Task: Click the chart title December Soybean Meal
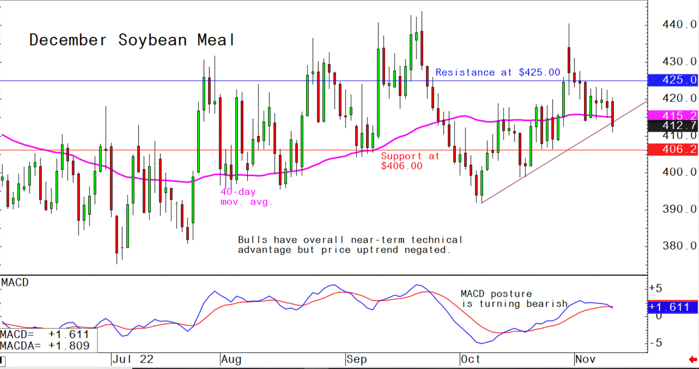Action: click(132, 40)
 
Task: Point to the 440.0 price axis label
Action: click(679, 25)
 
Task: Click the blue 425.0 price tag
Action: click(673, 80)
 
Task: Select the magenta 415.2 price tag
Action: click(673, 115)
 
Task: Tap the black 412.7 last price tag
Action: click(673, 125)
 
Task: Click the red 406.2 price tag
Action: click(673, 149)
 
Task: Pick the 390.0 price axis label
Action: click(679, 209)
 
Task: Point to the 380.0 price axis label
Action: click(679, 246)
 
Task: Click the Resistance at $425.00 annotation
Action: click(498, 73)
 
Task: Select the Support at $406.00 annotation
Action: click(409, 161)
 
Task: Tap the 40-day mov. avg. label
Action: click(246, 197)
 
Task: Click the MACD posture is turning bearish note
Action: click(514, 299)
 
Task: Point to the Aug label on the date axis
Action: click(231, 359)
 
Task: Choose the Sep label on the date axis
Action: click(357, 359)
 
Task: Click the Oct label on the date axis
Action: click(470, 359)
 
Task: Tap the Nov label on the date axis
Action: click(585, 359)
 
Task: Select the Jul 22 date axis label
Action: click(133, 359)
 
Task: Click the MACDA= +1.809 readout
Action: click(45, 346)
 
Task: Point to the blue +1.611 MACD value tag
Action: click(673, 307)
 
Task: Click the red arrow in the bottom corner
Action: click(693, 359)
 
